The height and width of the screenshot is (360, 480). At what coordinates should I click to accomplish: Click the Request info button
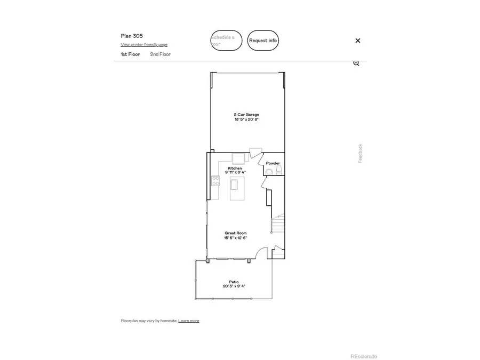pyautogui.click(x=263, y=41)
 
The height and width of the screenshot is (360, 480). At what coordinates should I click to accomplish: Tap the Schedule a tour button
pyautogui.click(x=226, y=41)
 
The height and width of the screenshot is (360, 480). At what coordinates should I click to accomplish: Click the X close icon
pyautogui.click(x=358, y=41)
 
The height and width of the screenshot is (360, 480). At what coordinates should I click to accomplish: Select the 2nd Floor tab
pyautogui.click(x=160, y=54)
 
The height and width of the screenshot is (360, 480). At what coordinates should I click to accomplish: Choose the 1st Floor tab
pyautogui.click(x=130, y=54)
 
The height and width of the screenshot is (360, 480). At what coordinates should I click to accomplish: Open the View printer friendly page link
pyautogui.click(x=144, y=45)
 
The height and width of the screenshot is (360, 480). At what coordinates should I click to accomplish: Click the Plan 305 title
pyautogui.click(x=132, y=36)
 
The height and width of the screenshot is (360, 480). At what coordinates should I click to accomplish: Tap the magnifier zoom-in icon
pyautogui.click(x=356, y=63)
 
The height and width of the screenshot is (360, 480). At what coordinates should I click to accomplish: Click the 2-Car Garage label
pyautogui.click(x=246, y=115)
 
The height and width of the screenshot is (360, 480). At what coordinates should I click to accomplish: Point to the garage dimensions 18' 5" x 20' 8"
pyautogui.click(x=246, y=119)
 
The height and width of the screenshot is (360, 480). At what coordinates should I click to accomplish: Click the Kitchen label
pyautogui.click(x=235, y=168)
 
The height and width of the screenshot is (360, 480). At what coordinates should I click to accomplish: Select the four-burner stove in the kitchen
pyautogui.click(x=216, y=181)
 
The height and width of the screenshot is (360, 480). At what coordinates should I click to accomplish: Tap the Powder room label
pyautogui.click(x=273, y=163)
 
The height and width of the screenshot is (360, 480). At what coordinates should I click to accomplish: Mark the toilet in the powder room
pyautogui.click(x=279, y=171)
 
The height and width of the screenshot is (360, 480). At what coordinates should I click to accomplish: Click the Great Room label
pyautogui.click(x=235, y=233)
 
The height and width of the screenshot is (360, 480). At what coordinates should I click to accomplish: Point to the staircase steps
pyautogui.click(x=278, y=224)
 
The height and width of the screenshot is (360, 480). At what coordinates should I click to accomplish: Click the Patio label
pyautogui.click(x=234, y=282)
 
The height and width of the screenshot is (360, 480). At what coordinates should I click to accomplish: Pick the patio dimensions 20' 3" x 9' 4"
pyautogui.click(x=234, y=286)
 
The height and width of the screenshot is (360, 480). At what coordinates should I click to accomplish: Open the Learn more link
pyautogui.click(x=189, y=321)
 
